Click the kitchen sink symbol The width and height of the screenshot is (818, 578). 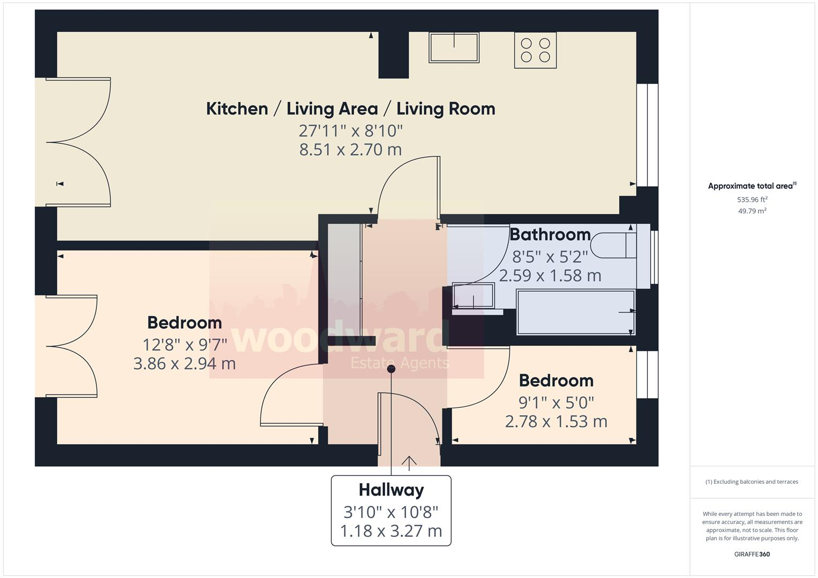(454, 48)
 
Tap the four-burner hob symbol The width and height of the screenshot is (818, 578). (535, 50)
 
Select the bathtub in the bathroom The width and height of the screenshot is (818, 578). (576, 312)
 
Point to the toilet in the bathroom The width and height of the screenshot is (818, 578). (616, 246)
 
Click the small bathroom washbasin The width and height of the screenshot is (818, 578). (473, 296)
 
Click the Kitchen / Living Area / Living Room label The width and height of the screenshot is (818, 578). (350, 109)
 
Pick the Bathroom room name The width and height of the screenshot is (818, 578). (550, 234)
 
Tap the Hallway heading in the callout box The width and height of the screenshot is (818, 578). (391, 490)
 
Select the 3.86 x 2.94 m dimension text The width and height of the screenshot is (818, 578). (184, 364)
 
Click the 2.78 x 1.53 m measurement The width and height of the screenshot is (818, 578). (556, 422)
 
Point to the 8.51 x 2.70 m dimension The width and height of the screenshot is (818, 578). (350, 149)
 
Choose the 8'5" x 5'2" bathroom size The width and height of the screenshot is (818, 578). (550, 257)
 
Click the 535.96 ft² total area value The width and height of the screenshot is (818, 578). (752, 200)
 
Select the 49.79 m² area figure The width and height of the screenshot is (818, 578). (752, 211)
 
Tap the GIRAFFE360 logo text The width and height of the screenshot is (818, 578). (752, 554)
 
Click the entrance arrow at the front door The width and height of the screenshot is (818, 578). (409, 462)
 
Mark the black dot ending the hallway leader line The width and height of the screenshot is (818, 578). (391, 368)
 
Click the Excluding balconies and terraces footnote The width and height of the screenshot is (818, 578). (752, 482)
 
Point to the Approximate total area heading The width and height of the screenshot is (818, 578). (751, 186)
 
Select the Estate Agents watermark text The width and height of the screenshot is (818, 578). (399, 363)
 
